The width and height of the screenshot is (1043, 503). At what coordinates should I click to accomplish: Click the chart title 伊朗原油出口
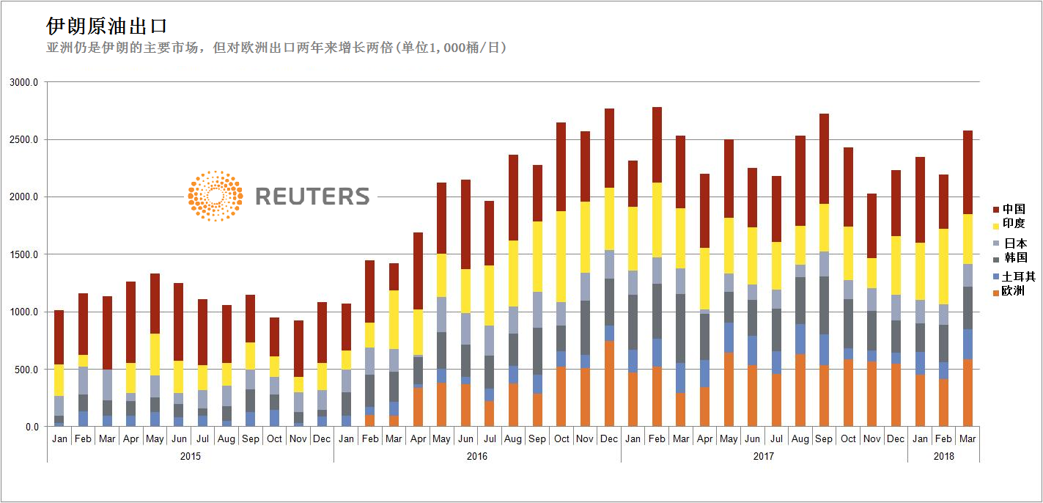(x=107, y=26)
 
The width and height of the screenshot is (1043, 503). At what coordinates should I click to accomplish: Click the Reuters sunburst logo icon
(x=215, y=196)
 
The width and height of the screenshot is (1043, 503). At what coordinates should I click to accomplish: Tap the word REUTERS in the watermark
(x=312, y=197)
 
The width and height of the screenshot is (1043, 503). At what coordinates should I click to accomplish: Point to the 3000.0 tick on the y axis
(x=24, y=83)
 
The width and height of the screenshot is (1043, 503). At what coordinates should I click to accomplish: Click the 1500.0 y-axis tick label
(x=24, y=254)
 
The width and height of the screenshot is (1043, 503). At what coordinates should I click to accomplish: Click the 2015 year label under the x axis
(x=190, y=456)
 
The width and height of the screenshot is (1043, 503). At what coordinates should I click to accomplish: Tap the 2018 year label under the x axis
(x=943, y=456)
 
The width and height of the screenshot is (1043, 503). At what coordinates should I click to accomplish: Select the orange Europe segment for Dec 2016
(x=609, y=383)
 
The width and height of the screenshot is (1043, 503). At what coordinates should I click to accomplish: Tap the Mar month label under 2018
(x=968, y=438)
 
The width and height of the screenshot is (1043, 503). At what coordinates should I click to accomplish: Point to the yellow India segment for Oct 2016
(x=561, y=257)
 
